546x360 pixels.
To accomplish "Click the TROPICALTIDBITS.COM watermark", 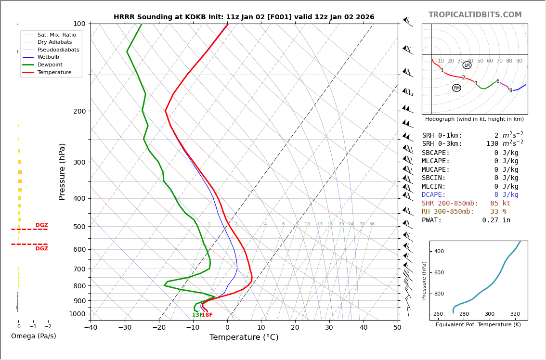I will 475,15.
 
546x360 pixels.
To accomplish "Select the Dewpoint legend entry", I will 50,64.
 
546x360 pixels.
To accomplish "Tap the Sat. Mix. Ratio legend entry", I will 56,35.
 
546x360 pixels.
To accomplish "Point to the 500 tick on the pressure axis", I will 79,227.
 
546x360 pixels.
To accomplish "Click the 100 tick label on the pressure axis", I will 79,24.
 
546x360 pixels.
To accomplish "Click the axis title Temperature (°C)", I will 244,338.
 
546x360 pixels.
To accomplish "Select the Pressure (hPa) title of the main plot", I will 62,171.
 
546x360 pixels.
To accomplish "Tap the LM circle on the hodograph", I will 467,65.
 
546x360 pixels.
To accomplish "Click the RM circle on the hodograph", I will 456,88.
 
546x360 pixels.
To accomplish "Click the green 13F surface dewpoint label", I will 197,315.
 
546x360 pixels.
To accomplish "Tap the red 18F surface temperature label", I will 208,315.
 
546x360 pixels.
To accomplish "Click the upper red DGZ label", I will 41,225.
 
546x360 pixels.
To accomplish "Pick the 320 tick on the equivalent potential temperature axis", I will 515,314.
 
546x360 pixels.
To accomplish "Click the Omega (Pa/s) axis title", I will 33,336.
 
